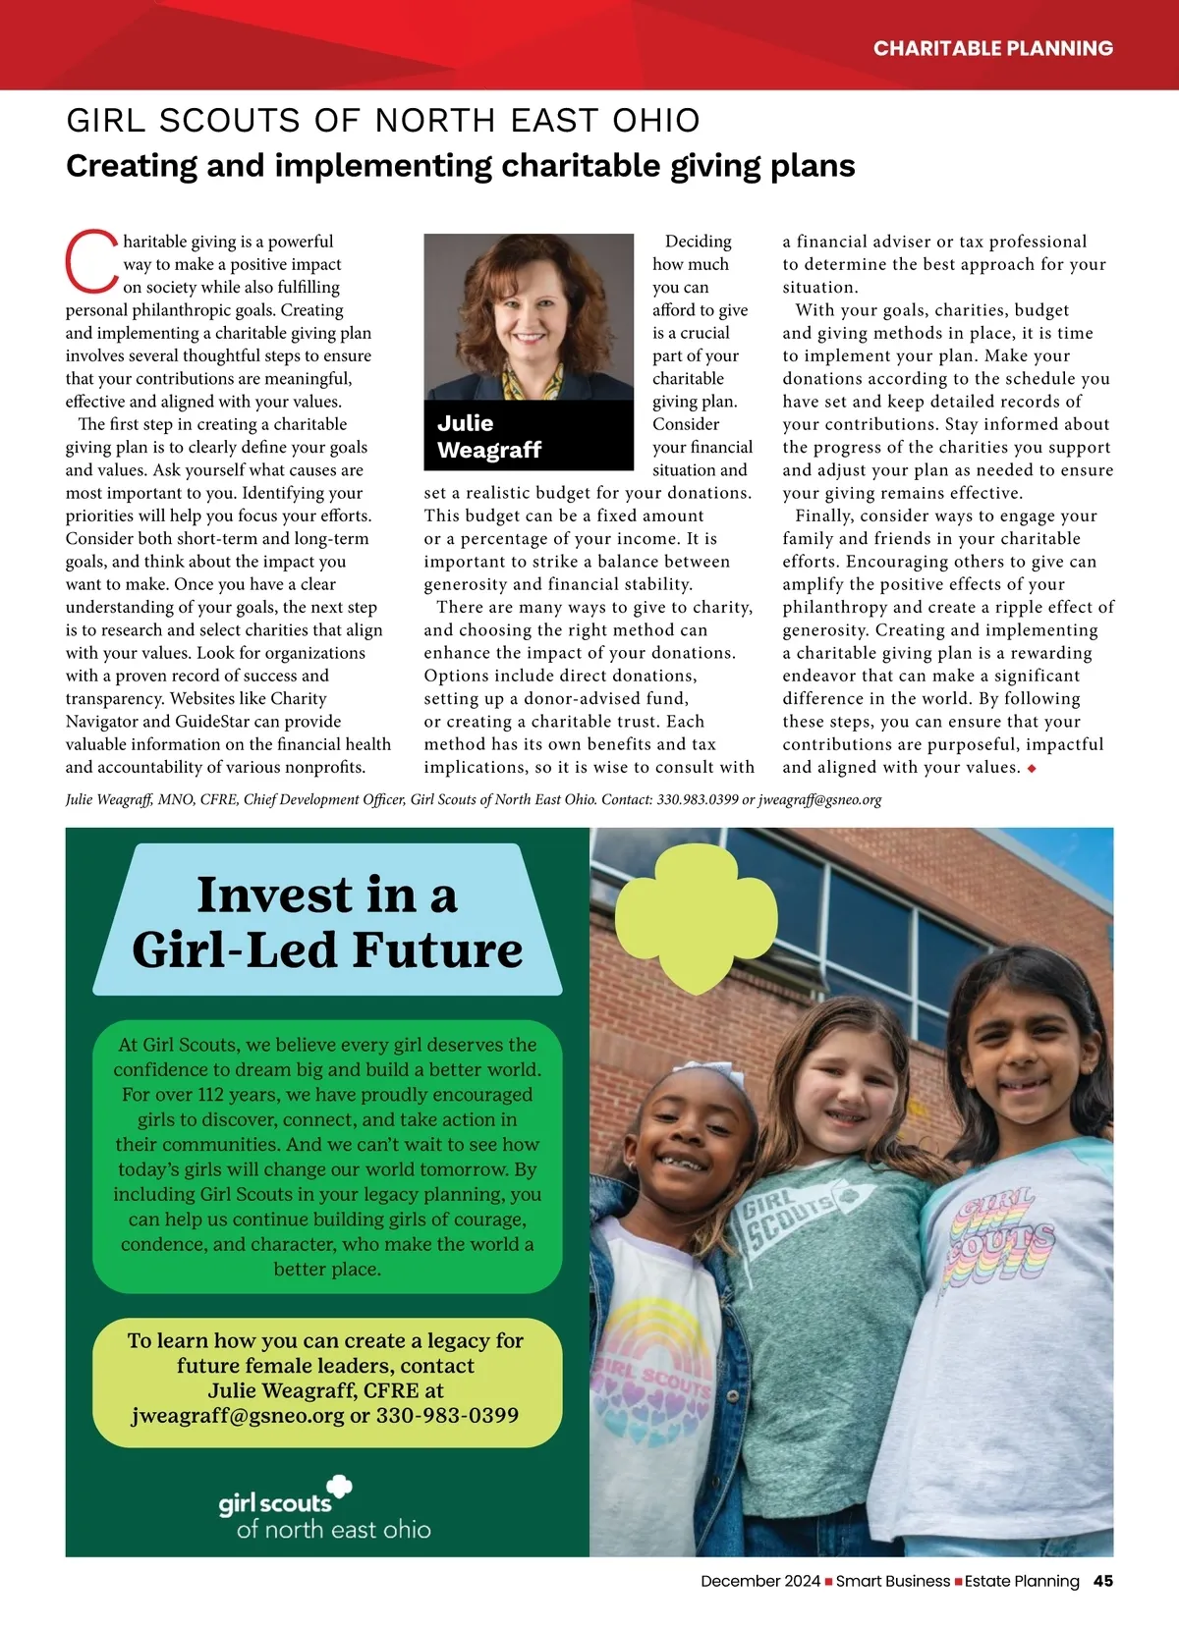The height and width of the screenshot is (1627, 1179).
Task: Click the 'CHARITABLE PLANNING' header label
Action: click(x=992, y=48)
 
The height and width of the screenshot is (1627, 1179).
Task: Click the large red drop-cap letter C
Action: click(x=91, y=261)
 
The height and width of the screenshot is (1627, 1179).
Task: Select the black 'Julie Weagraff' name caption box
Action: click(x=529, y=436)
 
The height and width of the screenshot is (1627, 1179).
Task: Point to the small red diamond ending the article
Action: click(x=1032, y=768)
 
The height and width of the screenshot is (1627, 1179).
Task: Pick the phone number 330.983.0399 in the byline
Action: click(x=697, y=799)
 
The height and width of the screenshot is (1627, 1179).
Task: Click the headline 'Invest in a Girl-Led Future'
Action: click(x=327, y=922)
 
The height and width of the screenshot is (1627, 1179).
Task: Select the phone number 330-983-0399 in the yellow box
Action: click(x=447, y=1415)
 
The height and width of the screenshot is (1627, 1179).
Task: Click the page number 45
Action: click(x=1103, y=1581)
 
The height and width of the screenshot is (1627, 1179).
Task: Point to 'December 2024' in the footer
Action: click(x=759, y=1581)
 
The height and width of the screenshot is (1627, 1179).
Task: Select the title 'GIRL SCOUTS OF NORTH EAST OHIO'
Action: click(x=383, y=121)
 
